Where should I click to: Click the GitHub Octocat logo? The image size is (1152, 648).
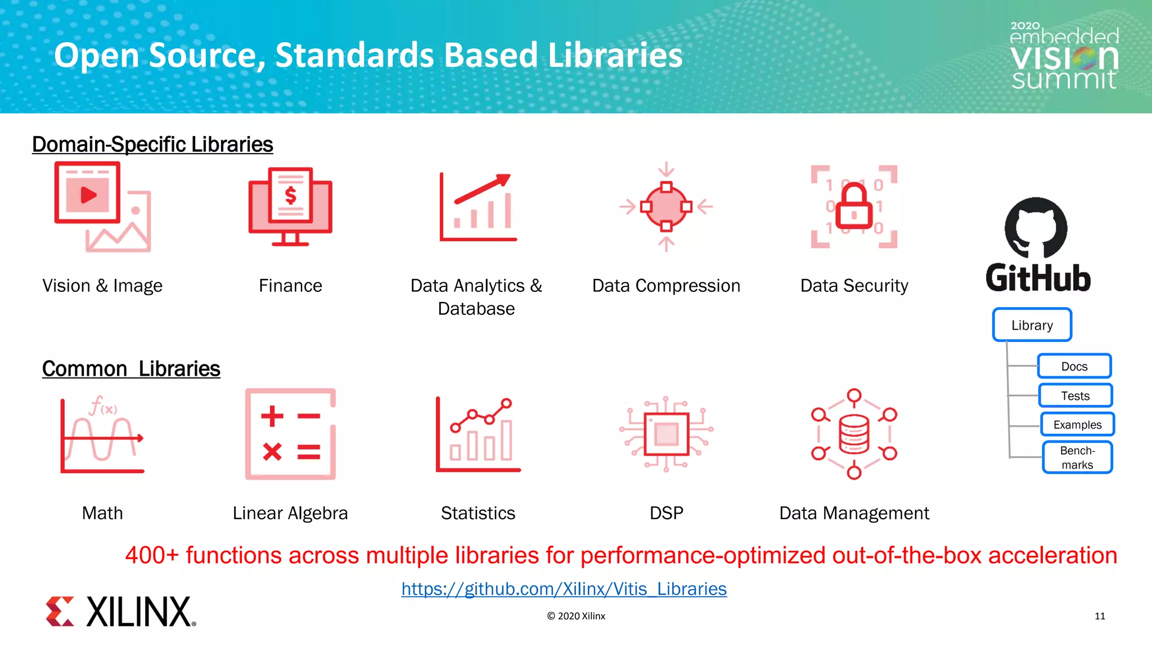tap(1036, 227)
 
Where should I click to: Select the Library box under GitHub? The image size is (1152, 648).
tap(1032, 325)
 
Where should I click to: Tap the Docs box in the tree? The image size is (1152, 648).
tap(1074, 366)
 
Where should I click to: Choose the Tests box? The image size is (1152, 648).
tap(1075, 395)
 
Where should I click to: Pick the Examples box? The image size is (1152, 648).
tap(1077, 425)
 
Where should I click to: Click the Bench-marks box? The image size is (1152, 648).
tap(1077, 457)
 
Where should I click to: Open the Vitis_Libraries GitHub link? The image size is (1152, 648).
tap(564, 589)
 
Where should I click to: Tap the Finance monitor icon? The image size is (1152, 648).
tap(290, 207)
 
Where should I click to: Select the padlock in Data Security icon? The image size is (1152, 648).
tap(854, 207)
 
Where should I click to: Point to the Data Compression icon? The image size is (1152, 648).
tap(666, 207)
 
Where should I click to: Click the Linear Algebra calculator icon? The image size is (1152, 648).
tap(290, 434)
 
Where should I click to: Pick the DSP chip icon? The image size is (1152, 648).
tap(667, 434)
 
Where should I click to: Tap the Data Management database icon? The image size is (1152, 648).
tap(854, 434)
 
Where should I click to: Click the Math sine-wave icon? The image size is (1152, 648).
tap(102, 434)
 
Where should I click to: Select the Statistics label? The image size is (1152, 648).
tap(478, 513)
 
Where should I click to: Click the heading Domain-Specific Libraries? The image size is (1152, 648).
tap(152, 145)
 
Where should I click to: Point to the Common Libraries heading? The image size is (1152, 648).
tap(131, 369)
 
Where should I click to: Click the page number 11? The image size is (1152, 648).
tap(1100, 616)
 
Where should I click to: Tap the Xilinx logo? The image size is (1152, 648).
tap(121, 611)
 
